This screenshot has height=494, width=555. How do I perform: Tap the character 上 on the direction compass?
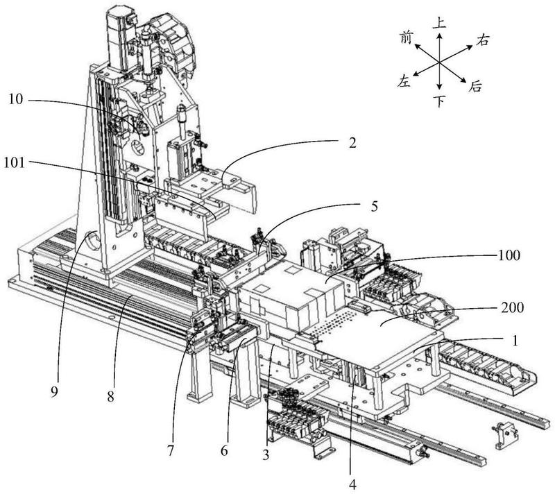(439, 23)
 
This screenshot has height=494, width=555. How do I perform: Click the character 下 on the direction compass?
(439, 102)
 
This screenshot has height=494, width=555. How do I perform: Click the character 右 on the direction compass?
(484, 40)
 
